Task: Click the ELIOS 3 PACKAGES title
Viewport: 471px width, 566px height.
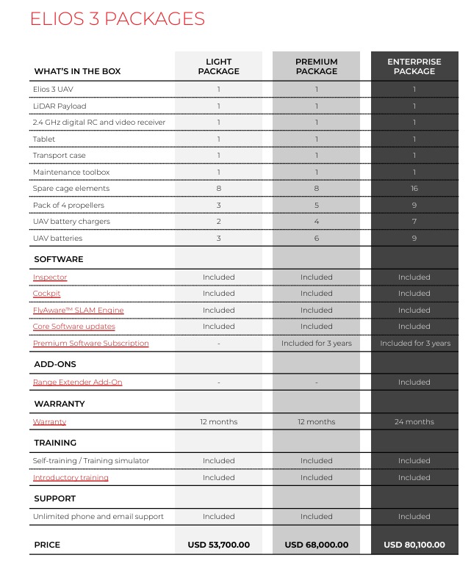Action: tap(117, 19)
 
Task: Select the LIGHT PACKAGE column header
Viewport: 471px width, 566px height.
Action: tap(218, 67)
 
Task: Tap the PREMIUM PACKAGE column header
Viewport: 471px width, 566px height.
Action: tap(317, 67)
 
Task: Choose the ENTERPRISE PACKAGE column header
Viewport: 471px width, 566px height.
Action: tap(414, 67)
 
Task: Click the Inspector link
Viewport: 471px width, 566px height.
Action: tap(50, 277)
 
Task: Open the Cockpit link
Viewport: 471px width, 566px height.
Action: tap(47, 294)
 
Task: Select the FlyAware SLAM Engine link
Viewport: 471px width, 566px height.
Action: tap(78, 311)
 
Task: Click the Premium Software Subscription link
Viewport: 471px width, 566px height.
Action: tap(90, 344)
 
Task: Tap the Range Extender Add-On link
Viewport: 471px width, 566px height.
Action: tap(77, 382)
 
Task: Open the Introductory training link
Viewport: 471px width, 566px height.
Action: tap(71, 478)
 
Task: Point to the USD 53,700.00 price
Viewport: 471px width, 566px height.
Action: tap(218, 545)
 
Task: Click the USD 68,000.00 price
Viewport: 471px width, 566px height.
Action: tap(317, 545)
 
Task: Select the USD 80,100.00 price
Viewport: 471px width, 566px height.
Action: tap(414, 545)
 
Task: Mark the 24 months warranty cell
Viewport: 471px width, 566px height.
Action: tap(414, 422)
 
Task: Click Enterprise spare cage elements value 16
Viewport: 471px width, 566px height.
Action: tap(414, 189)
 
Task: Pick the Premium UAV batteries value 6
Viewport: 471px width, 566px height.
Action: tap(317, 239)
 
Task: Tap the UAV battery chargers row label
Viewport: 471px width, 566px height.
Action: tap(71, 222)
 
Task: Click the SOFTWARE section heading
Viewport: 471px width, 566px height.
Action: tap(59, 259)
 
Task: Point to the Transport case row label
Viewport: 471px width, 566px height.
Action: tap(59, 156)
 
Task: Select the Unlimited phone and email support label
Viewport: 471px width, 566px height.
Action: tap(98, 517)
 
